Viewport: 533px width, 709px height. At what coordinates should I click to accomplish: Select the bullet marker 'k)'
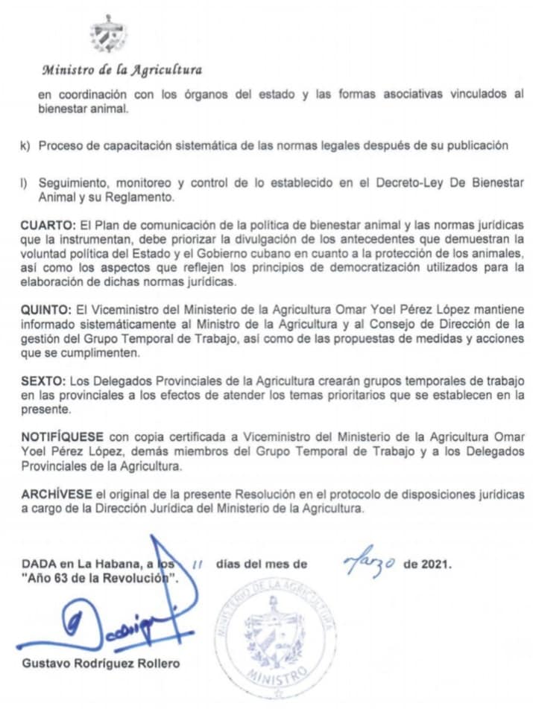point(26,145)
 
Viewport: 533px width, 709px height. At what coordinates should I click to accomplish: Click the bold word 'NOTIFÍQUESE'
point(63,435)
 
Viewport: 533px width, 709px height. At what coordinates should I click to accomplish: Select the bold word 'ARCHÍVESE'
point(57,495)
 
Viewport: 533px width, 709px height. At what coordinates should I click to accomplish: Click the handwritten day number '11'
point(198,565)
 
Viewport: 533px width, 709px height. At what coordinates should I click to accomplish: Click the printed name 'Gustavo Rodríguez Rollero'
point(101,663)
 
